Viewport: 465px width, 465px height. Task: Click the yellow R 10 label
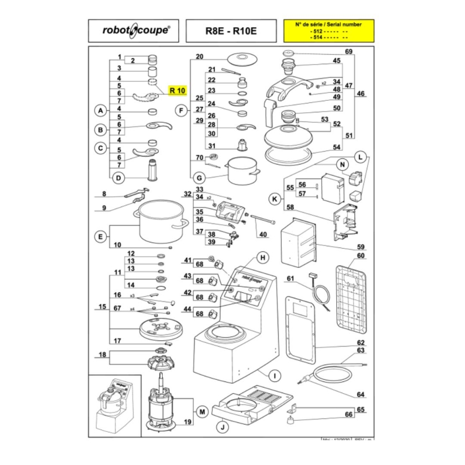click(x=178, y=90)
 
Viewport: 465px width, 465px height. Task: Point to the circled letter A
click(x=100, y=111)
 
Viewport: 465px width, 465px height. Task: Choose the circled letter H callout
click(x=263, y=257)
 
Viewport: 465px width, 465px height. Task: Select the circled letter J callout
click(x=221, y=427)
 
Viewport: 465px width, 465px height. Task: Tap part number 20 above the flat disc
click(x=199, y=57)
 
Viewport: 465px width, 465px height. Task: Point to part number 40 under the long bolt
click(x=263, y=234)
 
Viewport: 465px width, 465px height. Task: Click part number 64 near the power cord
click(x=361, y=395)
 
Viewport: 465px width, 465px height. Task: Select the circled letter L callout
click(x=361, y=158)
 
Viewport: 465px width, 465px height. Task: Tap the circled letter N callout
click(x=342, y=164)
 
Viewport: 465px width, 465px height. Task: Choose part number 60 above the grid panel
click(x=361, y=256)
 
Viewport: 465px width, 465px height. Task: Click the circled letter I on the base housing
click(x=272, y=375)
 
